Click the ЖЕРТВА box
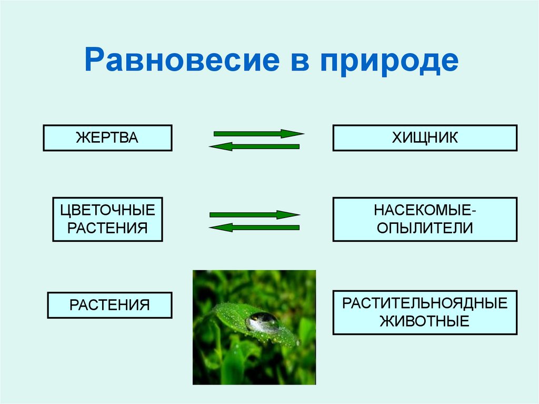tap(107, 138)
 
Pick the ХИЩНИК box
tap(425, 138)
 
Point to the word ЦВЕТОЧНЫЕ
tap(107, 211)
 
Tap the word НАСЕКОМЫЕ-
tap(425, 211)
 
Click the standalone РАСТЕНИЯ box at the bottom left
tap(109, 305)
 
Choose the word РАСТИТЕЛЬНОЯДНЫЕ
tap(425, 303)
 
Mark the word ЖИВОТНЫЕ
tap(425, 321)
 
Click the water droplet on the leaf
tap(262, 321)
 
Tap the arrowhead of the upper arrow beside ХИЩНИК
tap(292, 134)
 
